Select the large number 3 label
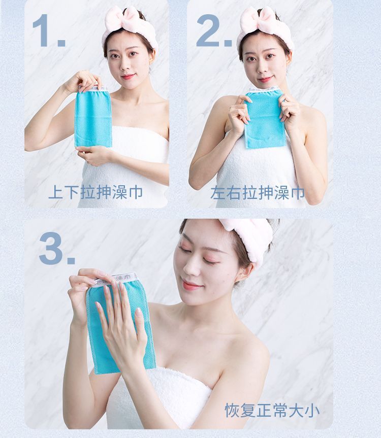click(x=57, y=248)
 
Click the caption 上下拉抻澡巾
click(x=96, y=192)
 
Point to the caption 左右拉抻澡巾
click(x=258, y=193)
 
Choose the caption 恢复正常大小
click(x=272, y=410)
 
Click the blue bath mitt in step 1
click(x=93, y=117)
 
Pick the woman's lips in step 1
click(x=129, y=76)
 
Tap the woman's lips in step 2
click(x=265, y=80)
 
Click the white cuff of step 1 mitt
click(x=93, y=89)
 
